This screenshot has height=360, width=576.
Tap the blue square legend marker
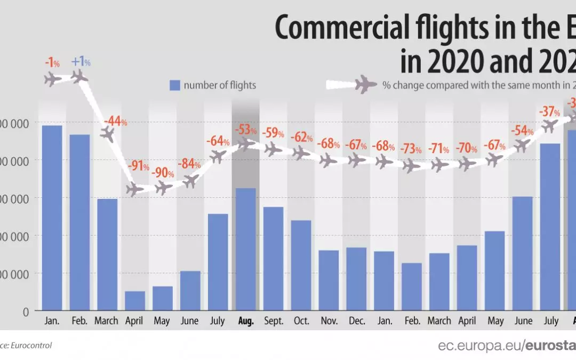174,85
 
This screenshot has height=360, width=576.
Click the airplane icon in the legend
365,84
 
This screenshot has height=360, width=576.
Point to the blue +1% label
81,62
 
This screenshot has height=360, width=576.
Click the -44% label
115,121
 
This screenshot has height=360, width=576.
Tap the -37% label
549,112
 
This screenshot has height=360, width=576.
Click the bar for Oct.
301,265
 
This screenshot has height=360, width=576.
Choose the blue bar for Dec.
356,279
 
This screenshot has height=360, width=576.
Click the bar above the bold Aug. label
245,249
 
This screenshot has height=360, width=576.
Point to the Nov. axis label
329,322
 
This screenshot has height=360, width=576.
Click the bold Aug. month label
245,322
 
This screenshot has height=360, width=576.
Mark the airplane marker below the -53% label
245,143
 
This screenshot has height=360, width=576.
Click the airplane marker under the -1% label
52,80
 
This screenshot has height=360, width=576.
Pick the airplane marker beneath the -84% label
190,181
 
